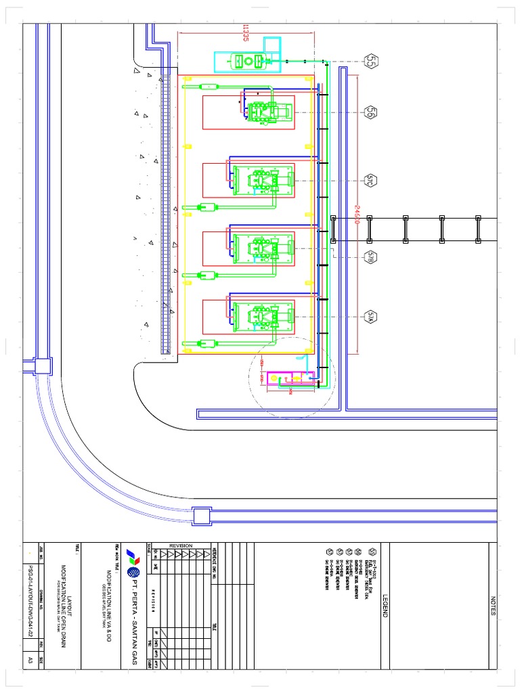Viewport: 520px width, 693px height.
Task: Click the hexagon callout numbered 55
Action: tap(371, 62)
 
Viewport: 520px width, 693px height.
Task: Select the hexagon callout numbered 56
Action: tap(371, 112)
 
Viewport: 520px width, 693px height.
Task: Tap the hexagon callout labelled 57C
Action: tap(371, 180)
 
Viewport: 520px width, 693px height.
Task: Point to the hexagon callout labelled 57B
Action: tap(371, 256)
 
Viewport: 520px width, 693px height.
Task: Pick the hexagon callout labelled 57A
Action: tap(371, 315)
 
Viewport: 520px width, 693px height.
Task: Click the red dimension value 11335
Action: tap(245, 32)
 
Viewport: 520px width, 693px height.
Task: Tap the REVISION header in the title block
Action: tap(181, 545)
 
